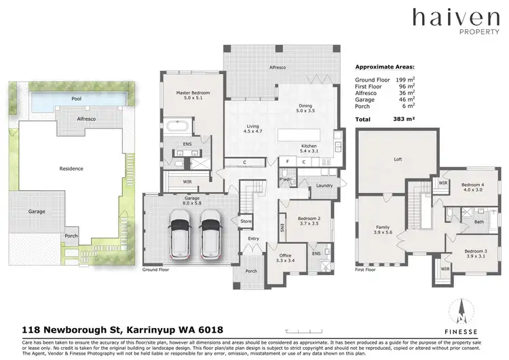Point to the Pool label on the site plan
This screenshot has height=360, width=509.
click(77, 99)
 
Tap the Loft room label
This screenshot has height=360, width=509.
click(398, 160)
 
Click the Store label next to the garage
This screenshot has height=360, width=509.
click(245, 221)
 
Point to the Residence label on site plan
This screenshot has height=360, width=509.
click(71, 168)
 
